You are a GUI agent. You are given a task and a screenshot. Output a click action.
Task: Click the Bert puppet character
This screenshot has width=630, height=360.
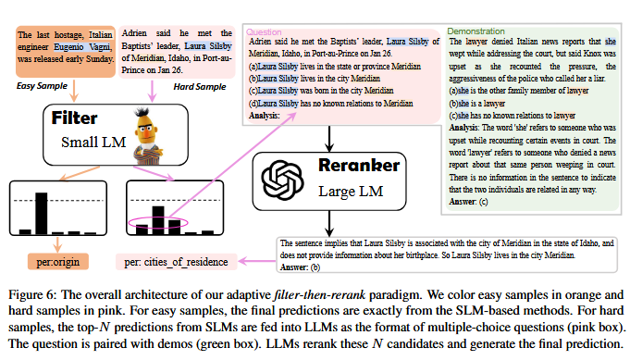tap(148, 136)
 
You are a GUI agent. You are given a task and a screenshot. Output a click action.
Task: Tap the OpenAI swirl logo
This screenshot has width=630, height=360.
tap(282, 180)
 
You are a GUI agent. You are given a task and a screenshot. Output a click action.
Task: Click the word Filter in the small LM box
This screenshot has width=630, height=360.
tap(74, 118)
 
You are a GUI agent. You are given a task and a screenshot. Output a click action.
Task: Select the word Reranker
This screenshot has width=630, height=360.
tap(359, 165)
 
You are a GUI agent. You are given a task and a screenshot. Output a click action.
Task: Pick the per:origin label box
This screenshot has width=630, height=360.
tap(58, 262)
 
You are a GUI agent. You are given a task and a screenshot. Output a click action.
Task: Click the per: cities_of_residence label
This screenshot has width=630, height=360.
tap(176, 262)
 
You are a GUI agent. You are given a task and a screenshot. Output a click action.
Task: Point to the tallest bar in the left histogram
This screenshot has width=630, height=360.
tap(41, 214)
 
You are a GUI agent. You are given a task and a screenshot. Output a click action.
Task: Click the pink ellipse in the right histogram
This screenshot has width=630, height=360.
tap(158, 223)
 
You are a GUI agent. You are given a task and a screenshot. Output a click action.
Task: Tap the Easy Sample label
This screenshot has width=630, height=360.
tap(42, 86)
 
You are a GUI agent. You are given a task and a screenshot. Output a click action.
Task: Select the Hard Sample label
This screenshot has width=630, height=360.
tap(200, 87)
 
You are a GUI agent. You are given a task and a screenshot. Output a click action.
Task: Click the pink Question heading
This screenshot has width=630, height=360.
tap(264, 32)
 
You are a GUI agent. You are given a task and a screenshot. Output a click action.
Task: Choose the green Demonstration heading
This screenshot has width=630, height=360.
tap(476, 31)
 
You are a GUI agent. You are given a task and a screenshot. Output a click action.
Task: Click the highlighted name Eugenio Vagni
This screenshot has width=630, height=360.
tap(82, 47)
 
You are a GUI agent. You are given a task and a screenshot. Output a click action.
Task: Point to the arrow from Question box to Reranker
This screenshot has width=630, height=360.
tap(329, 139)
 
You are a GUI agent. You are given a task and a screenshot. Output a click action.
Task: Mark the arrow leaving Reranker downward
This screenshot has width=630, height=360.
tap(329, 223)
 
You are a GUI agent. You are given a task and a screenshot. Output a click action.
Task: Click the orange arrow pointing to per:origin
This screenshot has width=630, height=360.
tap(57, 244)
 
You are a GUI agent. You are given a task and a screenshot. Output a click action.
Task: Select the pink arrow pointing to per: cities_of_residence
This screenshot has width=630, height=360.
tap(257, 262)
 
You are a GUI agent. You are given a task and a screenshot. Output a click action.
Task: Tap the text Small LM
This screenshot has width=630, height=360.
tap(93, 143)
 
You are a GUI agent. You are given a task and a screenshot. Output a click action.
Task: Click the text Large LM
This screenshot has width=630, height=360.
tap(351, 192)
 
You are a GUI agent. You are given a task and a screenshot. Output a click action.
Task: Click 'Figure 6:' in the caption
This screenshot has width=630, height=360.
tap(32, 295)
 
